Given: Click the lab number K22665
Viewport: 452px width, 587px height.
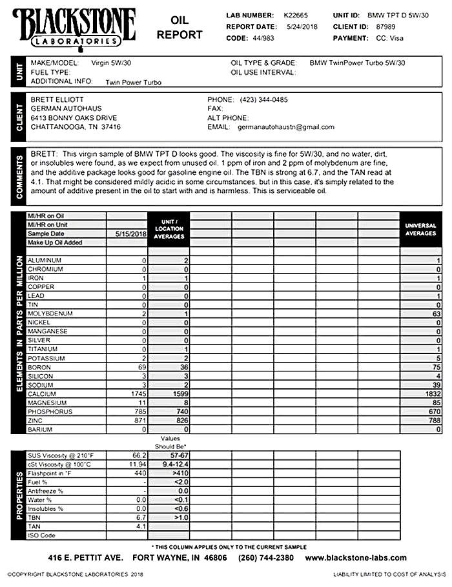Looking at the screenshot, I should click(297, 14).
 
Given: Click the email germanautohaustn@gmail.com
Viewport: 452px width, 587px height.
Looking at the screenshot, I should click(286, 127).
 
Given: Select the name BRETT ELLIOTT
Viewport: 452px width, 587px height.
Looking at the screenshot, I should click(57, 100).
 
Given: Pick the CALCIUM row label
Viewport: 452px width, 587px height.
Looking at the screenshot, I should click(42, 393).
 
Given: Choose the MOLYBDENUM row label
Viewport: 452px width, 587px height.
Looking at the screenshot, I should click(49, 313).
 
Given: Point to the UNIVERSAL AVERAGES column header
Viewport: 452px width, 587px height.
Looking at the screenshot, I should click(420, 229).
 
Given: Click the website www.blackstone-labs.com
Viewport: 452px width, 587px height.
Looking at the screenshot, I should click(356, 558).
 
